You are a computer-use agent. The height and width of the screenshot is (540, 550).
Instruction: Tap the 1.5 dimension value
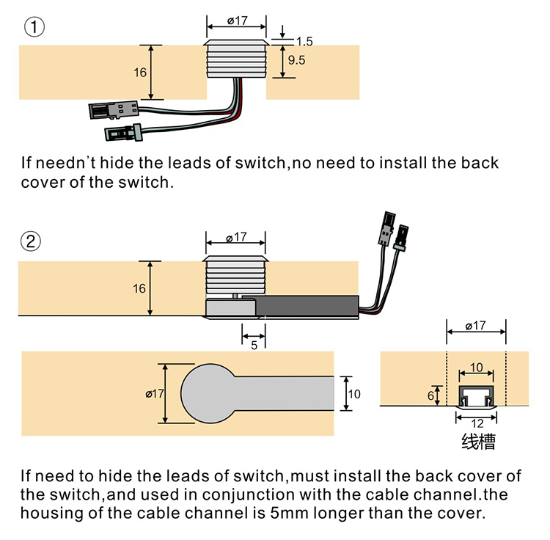304,43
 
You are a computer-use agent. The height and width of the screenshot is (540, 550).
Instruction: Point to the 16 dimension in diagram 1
141,73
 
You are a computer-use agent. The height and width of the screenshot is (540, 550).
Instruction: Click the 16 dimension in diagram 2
139,288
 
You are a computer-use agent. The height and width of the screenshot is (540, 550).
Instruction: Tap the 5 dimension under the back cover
254,345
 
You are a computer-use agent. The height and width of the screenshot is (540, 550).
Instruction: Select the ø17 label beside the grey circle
155,394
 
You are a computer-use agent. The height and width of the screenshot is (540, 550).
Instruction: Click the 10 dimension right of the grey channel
354,394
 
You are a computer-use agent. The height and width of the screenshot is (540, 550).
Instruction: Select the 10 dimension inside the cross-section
476,368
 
